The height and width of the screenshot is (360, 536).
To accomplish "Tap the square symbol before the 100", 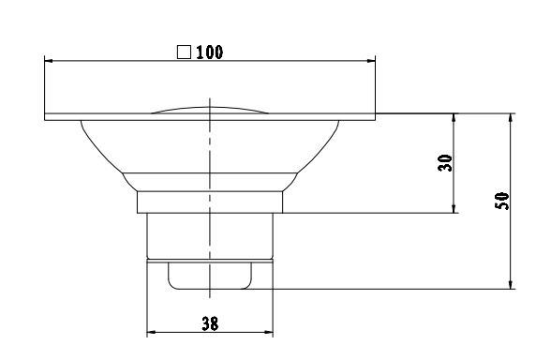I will [x=186, y=52].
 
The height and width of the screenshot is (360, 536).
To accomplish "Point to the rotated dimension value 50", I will [x=503, y=200].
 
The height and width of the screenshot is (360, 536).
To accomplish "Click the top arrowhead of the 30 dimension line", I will [x=454, y=119].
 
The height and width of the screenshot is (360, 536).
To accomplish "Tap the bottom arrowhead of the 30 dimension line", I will [x=454, y=208].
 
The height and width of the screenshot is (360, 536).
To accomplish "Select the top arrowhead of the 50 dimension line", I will [x=512, y=119].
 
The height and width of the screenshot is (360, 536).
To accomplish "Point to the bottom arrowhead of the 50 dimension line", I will [x=512, y=284].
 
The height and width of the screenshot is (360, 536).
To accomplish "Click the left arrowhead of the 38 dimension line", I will [x=152, y=332].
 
